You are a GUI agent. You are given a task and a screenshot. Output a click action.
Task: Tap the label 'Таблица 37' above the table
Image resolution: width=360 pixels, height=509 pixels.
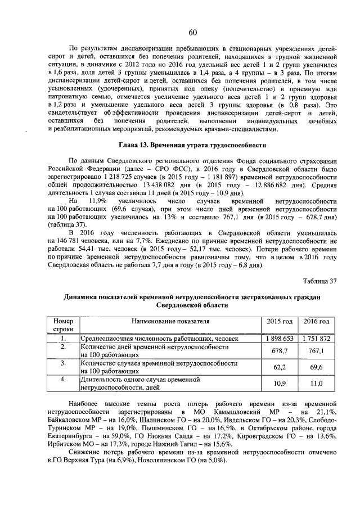pyautogui.click(x=319, y=281)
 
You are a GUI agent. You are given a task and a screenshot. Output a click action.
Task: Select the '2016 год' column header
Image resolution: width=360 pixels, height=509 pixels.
pyautogui.click(x=316, y=321)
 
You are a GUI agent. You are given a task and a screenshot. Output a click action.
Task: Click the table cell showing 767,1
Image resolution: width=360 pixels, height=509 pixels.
pyautogui.click(x=316, y=351)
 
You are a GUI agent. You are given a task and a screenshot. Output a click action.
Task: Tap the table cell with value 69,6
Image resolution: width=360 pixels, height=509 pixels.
pyautogui.click(x=316, y=367)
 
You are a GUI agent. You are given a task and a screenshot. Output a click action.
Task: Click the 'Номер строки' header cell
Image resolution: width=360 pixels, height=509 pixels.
pyautogui.click(x=64, y=325)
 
